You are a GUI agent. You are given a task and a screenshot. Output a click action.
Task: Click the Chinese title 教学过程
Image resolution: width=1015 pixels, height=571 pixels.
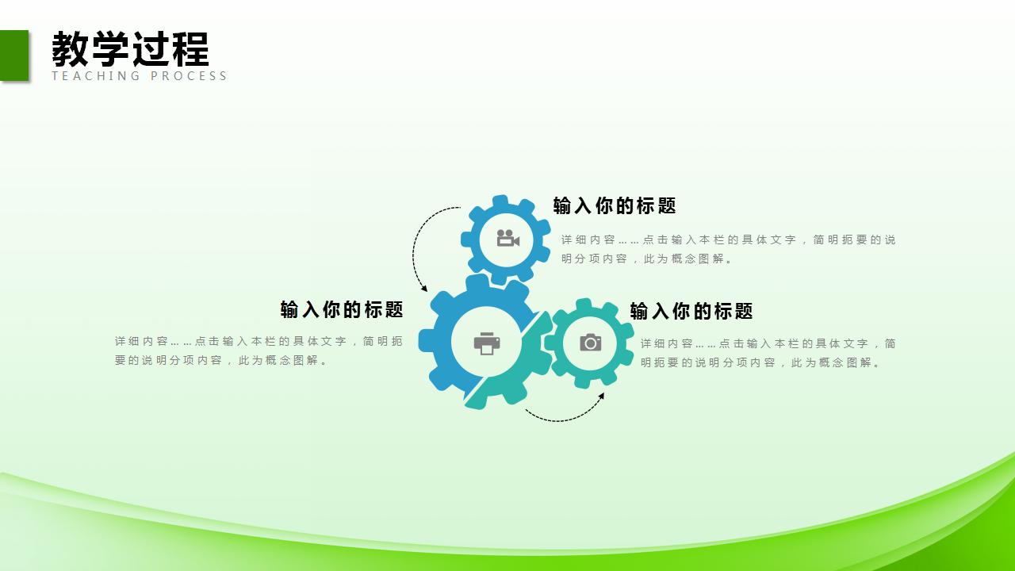point(130,49)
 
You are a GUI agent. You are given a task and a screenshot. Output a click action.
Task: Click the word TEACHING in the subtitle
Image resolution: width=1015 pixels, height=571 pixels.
point(96,76)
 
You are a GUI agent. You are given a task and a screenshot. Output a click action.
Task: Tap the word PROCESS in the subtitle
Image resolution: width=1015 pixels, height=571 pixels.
point(189,76)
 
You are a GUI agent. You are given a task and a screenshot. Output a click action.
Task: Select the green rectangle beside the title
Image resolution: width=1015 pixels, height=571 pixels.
point(13,55)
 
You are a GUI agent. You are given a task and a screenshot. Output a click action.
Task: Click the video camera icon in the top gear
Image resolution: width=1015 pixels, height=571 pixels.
point(507,238)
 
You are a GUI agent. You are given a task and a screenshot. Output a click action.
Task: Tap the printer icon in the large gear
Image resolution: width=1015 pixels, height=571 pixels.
point(487,343)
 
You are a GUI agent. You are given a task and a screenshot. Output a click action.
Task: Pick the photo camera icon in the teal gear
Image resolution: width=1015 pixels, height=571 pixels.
point(590,343)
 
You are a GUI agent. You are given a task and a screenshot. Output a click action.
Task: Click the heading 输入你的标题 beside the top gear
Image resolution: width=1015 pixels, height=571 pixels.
point(615,206)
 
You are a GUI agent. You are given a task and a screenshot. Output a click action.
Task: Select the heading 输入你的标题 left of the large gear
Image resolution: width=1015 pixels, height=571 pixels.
point(342,309)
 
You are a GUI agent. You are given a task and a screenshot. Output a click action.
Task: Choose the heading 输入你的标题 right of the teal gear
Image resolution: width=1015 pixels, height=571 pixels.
point(691,312)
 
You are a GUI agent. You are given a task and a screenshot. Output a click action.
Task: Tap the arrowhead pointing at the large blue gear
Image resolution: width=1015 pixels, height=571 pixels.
point(424,288)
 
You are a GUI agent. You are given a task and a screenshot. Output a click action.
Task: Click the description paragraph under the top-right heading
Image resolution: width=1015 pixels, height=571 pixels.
point(728,249)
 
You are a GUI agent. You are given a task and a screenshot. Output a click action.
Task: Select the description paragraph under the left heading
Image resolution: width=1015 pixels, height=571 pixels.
point(259,351)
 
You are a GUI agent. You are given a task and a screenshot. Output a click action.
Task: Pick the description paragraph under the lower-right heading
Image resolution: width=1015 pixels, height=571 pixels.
point(768,353)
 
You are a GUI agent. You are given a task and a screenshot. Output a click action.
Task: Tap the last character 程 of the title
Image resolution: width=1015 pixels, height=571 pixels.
point(190,49)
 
